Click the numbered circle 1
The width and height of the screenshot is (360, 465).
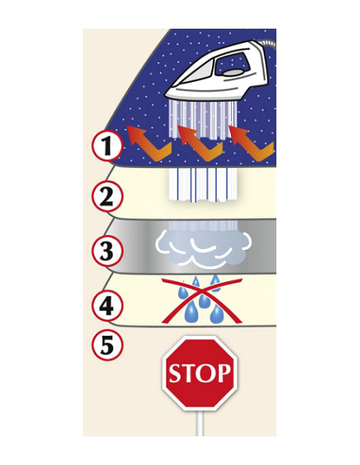107,147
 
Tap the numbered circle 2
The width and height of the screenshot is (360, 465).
107,196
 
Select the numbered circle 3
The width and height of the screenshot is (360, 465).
107,250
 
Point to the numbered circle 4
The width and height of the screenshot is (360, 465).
107,305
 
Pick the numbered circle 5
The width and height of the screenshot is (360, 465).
107,346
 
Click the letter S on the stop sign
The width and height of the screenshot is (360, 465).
175,373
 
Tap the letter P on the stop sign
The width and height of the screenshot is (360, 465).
223,373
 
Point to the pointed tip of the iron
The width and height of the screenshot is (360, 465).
166,96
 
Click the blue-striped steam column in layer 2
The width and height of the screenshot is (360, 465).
203,185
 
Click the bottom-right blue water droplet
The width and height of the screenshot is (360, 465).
216,315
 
